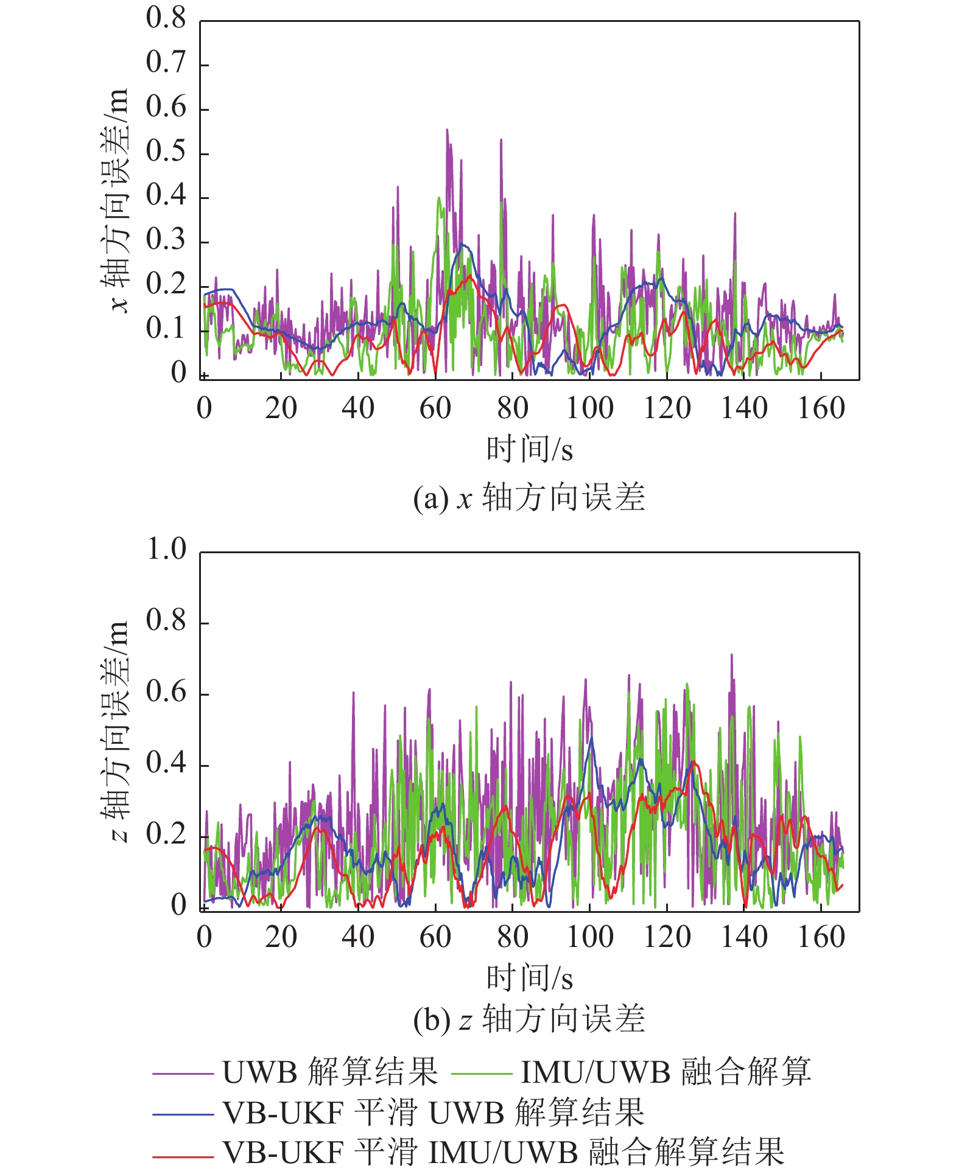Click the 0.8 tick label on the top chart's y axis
[x=166, y=19]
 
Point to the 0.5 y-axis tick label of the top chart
[x=166, y=152]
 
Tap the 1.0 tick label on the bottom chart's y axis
[x=166, y=550]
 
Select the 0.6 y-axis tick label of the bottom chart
[x=166, y=693]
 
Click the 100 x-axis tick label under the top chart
[x=589, y=408]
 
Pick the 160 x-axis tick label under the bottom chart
[x=821, y=937]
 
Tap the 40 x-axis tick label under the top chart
[x=358, y=408]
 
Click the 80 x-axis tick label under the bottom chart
[x=512, y=937]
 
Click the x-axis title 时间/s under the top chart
[x=529, y=450]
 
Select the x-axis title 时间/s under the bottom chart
[x=529, y=979]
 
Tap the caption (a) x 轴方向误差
[x=529, y=498]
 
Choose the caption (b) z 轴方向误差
[x=529, y=1019]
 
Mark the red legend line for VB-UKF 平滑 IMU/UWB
[x=183, y=1154]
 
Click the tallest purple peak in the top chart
[x=447, y=130]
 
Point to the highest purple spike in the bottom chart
[x=731, y=655]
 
